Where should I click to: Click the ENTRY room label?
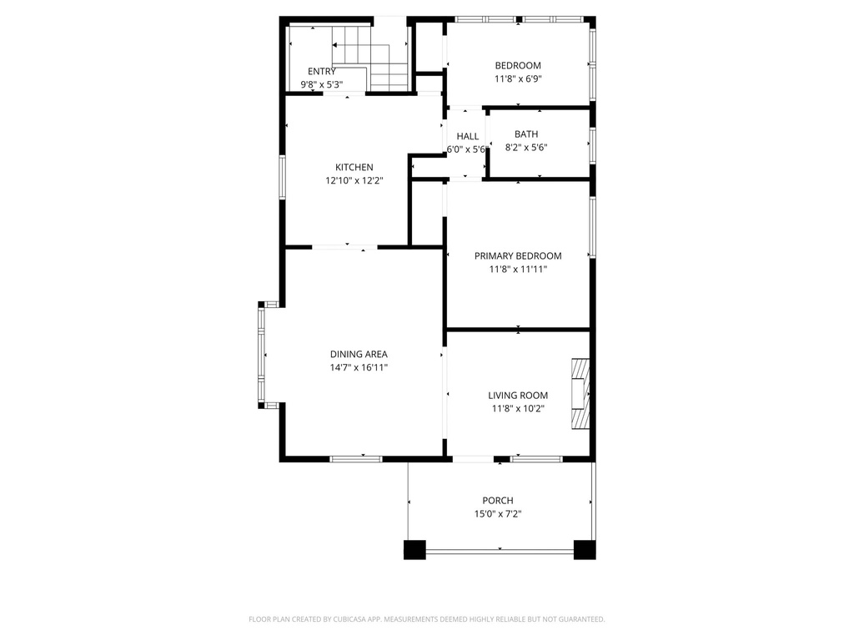click(x=322, y=71)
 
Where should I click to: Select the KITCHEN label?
click(x=354, y=167)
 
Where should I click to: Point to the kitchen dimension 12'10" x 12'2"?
click(x=354, y=180)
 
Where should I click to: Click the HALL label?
click(x=467, y=136)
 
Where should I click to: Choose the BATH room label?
click(x=526, y=134)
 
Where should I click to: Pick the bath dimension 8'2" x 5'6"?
click(x=526, y=148)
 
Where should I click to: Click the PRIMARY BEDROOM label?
click(x=518, y=255)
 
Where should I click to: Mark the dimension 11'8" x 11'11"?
click(x=518, y=270)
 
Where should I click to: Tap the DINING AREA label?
click(x=359, y=354)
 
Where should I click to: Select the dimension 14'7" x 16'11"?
click(x=359, y=367)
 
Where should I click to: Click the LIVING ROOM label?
click(x=518, y=396)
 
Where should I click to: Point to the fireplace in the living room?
click(x=580, y=394)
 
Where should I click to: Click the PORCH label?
click(x=498, y=500)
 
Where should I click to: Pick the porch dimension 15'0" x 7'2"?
click(x=498, y=514)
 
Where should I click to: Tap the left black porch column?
click(x=414, y=550)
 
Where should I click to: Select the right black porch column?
click(x=585, y=550)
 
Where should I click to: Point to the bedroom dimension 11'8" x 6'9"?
click(x=518, y=79)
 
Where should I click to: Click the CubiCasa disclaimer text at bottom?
click(x=426, y=619)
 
